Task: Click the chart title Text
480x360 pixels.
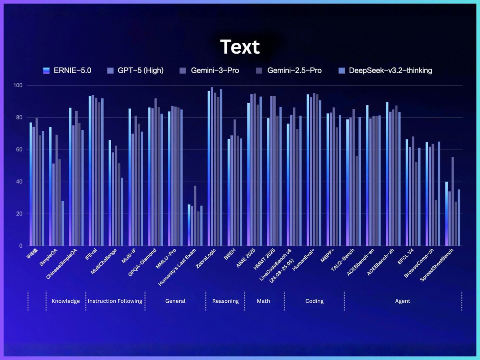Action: [240, 47]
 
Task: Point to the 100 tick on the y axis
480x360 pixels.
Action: [18, 86]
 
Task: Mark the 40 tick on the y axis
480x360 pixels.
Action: [18, 182]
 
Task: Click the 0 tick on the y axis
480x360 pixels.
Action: [20, 246]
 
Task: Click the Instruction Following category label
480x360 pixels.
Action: [115, 301]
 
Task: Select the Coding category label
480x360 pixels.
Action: [314, 301]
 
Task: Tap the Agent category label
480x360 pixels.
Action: [402, 301]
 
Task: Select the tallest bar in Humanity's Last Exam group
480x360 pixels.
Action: [195, 216]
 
